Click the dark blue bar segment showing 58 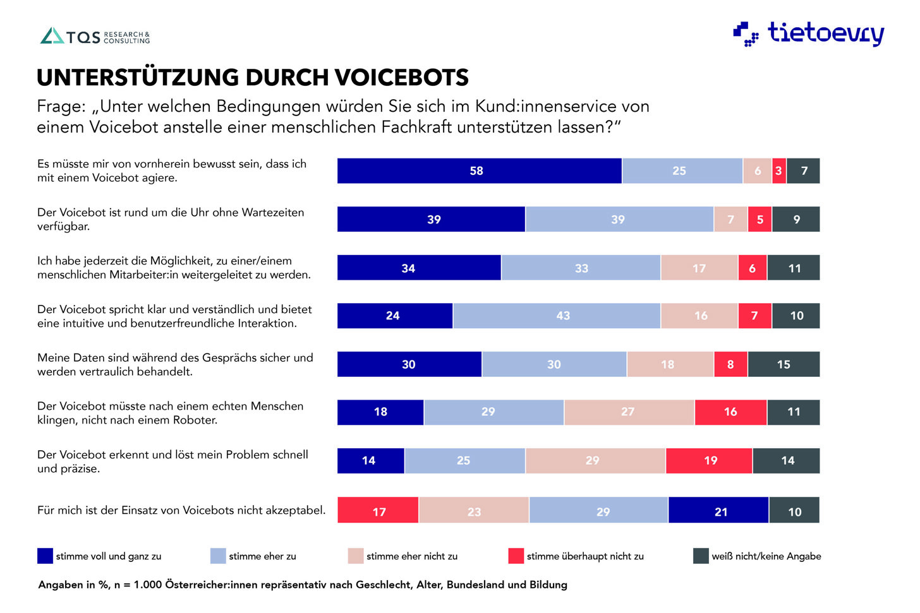pos(479,171)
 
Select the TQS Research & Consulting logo pos(95,36)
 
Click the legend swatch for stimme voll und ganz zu pos(45,556)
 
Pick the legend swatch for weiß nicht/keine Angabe pos(701,556)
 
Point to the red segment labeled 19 pos(709,461)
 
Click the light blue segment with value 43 pos(557,316)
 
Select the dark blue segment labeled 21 pos(718,510)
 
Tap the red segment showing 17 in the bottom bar pos(378,510)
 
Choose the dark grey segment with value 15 pos(784,364)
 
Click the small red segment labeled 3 pos(779,171)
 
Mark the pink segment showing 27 pos(629,412)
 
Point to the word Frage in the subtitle pos(61,106)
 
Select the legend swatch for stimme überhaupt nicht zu pos(516,556)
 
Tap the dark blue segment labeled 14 pos(370,461)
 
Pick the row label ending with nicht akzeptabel pos(181,510)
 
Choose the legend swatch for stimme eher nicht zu pos(356,556)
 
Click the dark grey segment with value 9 pos(796,220)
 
